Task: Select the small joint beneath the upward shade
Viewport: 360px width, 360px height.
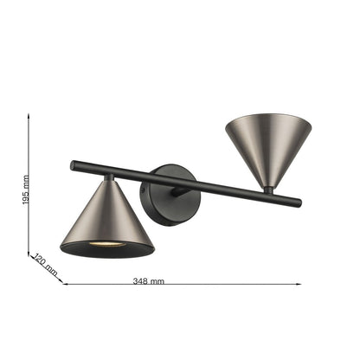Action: pos(269,189)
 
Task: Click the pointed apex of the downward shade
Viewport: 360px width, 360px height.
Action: pos(108,179)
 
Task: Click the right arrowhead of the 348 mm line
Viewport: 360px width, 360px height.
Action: pos(299,284)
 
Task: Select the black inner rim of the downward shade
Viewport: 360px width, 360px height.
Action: pos(107,250)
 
